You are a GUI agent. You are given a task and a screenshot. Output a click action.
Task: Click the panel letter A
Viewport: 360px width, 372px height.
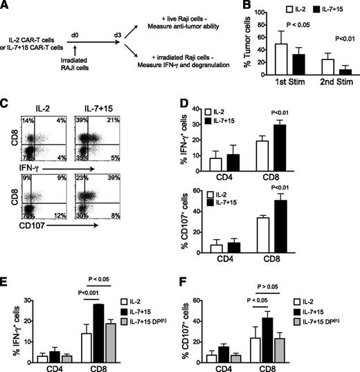click(6, 6)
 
